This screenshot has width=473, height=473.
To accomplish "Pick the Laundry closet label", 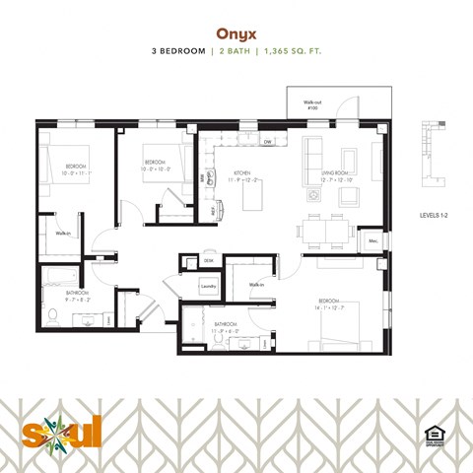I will (x=207, y=286).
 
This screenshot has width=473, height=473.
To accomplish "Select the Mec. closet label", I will (x=373, y=240).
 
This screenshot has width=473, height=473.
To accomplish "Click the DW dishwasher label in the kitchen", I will (x=267, y=143).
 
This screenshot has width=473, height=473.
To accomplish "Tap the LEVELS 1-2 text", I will (x=434, y=211).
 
